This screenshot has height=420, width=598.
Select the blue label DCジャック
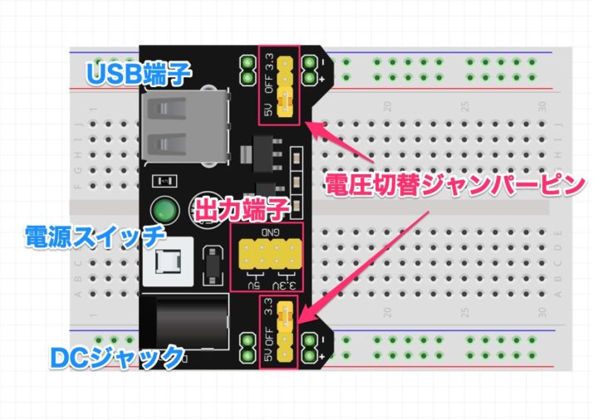tap(116, 357)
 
